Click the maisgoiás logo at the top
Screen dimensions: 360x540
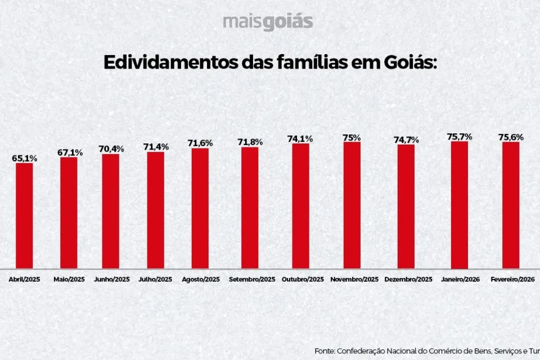[267, 22]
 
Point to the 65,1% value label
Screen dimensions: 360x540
[25, 159]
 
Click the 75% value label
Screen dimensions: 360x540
[352, 137]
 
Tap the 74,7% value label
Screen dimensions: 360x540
[406, 140]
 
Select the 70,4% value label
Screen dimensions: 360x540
[111, 149]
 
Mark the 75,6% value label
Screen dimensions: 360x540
[511, 137]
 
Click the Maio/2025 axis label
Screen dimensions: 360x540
[69, 280]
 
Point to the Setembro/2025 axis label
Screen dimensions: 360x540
[252, 280]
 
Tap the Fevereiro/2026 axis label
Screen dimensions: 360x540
[512, 280]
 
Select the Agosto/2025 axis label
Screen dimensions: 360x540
[201, 280]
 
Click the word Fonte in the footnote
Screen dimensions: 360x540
[325, 351]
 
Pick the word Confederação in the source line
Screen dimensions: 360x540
[362, 351]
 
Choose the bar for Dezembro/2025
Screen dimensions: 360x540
[406, 206]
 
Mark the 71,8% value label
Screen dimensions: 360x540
[250, 142]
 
